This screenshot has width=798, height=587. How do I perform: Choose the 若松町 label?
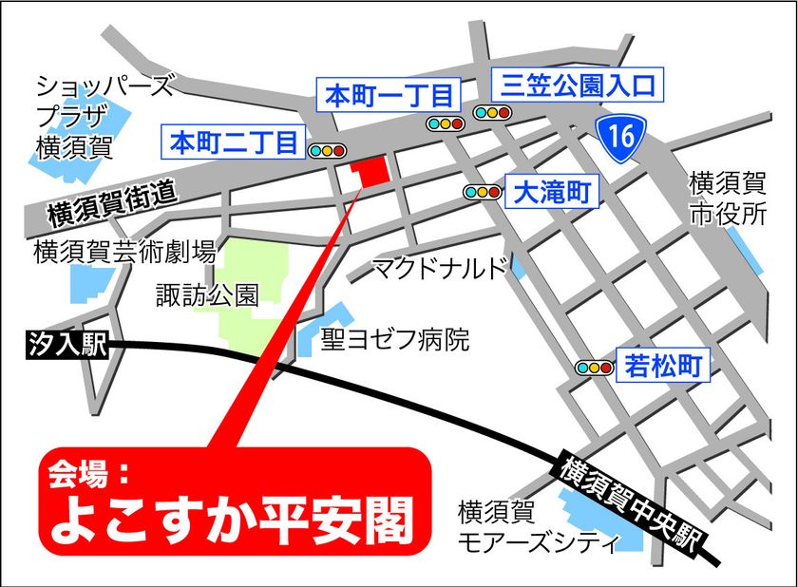pos(665,365)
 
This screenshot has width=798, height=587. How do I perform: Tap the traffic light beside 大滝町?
pos(482,192)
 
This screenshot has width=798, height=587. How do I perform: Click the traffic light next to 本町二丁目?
pos(325,149)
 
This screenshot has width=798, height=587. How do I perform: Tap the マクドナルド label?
pos(441,268)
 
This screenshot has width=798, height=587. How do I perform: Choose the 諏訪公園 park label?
pos(207,296)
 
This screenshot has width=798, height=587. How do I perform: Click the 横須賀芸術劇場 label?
pos(124,253)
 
